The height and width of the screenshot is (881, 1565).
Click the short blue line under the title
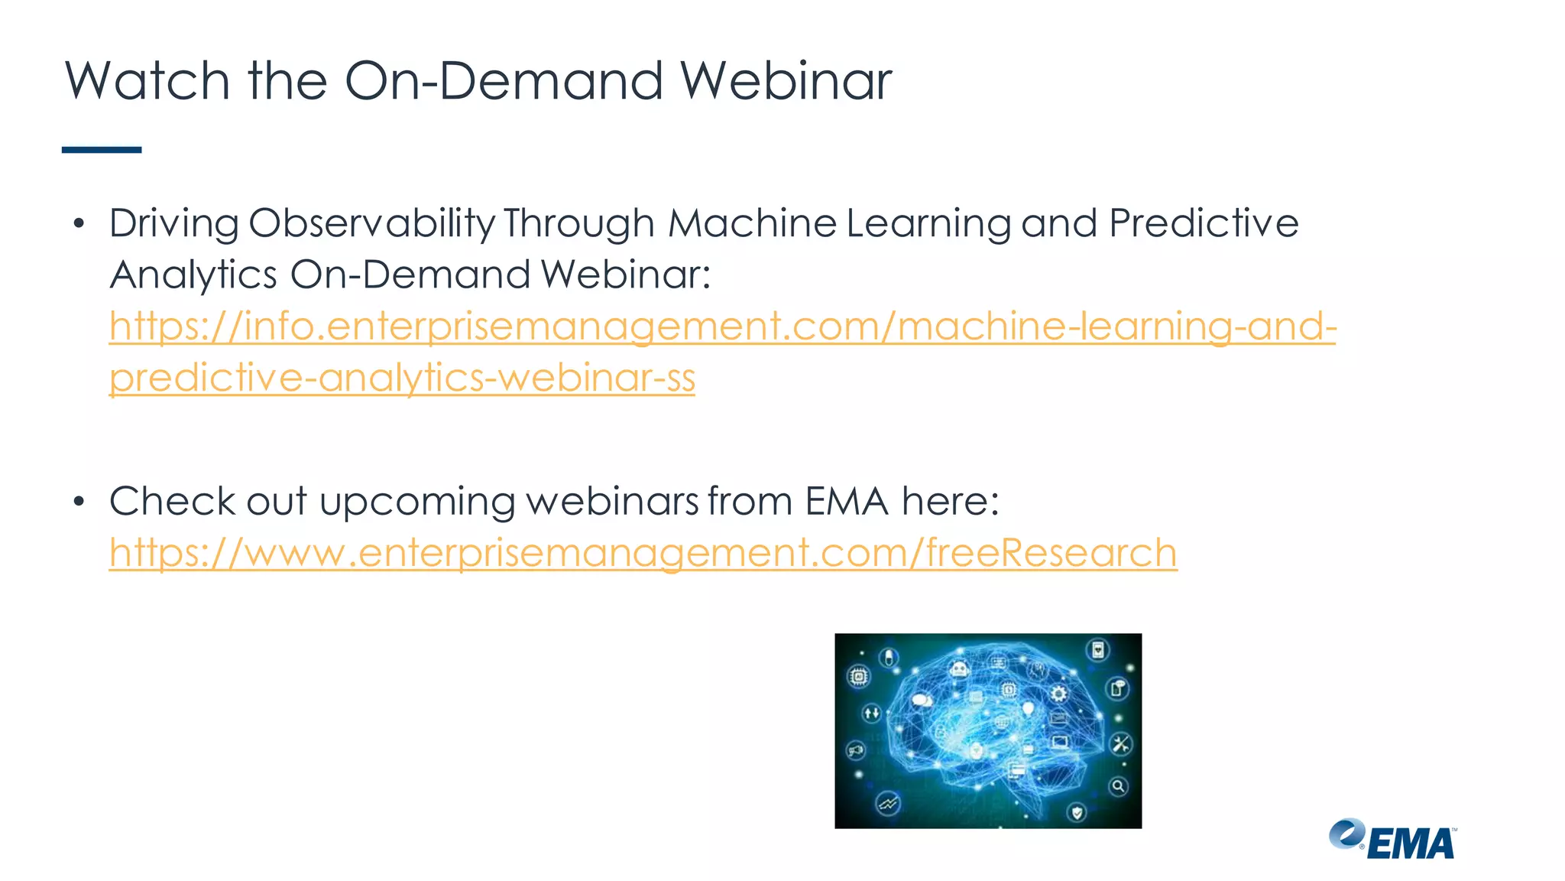[x=102, y=150]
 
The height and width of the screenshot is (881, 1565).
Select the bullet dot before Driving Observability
[x=79, y=224]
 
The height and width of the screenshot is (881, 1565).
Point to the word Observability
[x=371, y=224]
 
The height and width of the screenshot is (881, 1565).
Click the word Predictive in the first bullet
[x=1204, y=223]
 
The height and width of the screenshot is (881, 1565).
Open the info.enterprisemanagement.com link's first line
[x=722, y=327]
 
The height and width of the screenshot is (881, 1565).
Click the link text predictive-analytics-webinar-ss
[x=402, y=378]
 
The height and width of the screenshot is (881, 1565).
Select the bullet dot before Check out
[x=79, y=502]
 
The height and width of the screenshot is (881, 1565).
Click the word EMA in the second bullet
[x=846, y=502]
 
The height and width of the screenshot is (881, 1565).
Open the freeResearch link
[x=643, y=553]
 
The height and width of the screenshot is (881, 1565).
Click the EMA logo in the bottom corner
[x=1392, y=840]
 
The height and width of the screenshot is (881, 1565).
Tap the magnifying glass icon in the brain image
[x=1118, y=786]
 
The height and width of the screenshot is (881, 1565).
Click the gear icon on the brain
[x=1058, y=694]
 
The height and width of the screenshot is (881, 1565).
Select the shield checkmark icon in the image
[x=1077, y=812]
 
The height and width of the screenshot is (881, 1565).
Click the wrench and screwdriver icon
[x=1121, y=743]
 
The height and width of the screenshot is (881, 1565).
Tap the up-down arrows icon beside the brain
[x=871, y=714]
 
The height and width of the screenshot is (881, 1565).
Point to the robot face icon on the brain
[x=960, y=670]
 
